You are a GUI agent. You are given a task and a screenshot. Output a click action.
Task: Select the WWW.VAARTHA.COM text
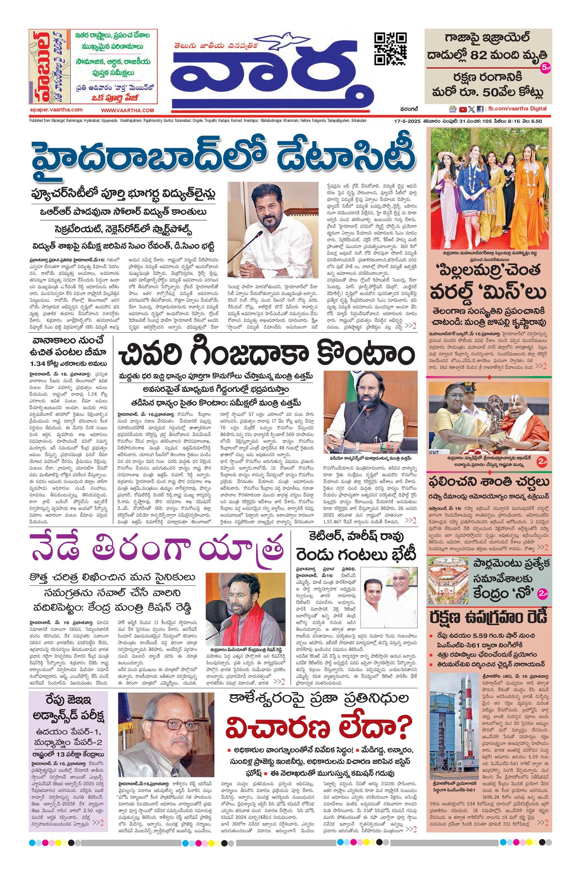(x=127, y=110)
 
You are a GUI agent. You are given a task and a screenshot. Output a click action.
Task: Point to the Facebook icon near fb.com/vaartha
(x=479, y=109)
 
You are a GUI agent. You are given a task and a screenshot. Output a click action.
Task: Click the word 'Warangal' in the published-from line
(x=69, y=121)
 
